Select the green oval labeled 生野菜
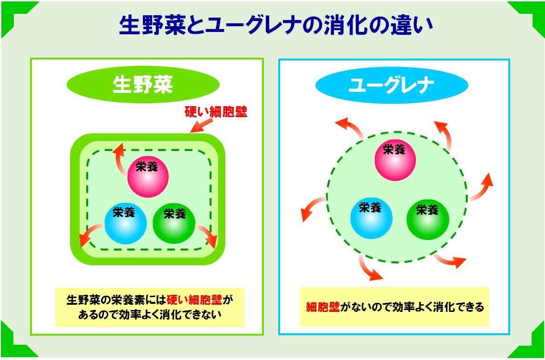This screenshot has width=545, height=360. click(142, 85)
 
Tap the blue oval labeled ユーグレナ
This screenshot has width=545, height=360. click(392, 85)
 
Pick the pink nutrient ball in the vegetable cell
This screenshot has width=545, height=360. click(148, 177)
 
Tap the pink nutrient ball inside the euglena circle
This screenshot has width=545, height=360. click(395, 160)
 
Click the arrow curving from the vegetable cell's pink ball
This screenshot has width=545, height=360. click(121, 158)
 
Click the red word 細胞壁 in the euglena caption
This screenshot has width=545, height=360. click(323, 307)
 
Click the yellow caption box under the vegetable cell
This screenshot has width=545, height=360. click(150, 307)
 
